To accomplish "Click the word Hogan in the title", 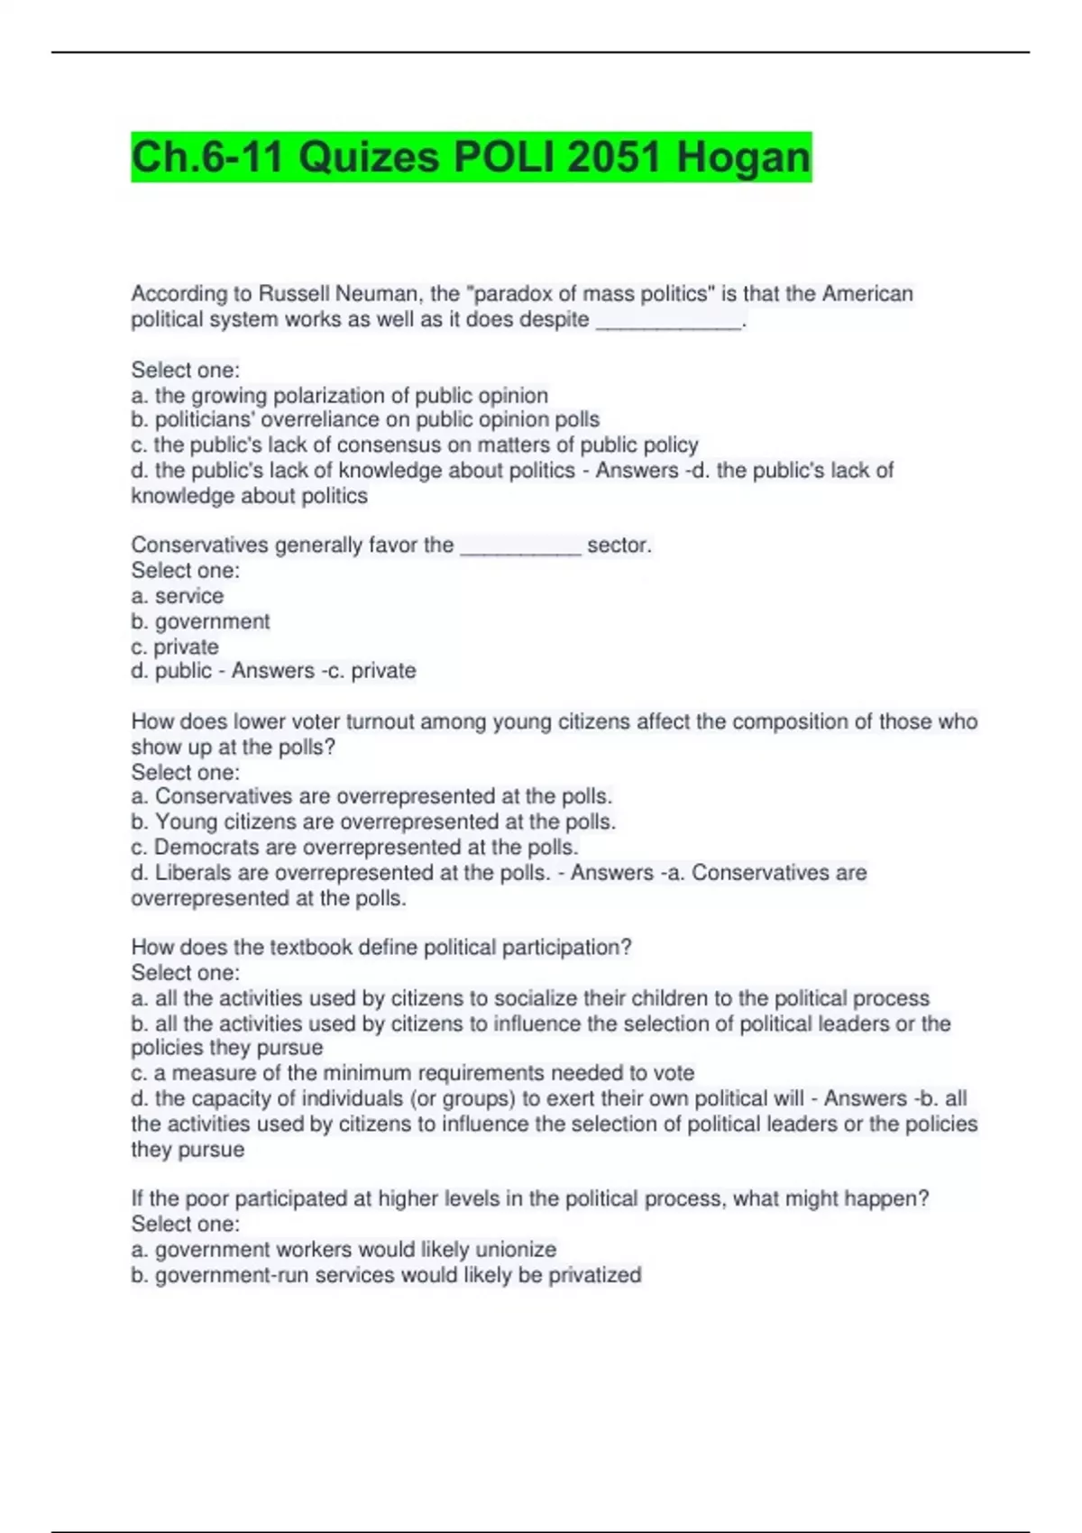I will coord(743,158).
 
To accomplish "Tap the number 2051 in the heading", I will coord(615,158).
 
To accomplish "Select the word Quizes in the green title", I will coord(368,158).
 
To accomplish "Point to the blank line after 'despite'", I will coord(669,321).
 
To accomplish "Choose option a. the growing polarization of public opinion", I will coord(340,396).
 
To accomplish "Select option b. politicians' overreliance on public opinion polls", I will coord(365,420).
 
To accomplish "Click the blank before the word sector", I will coord(520,546).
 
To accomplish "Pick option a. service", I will coord(178,596).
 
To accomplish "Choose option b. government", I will coord(200,621).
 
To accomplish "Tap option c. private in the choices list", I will coord(175,647).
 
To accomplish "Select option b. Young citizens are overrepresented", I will coord(373,822).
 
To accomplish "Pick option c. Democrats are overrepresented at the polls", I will coord(354,847).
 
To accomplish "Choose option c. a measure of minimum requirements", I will coord(413,1073).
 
